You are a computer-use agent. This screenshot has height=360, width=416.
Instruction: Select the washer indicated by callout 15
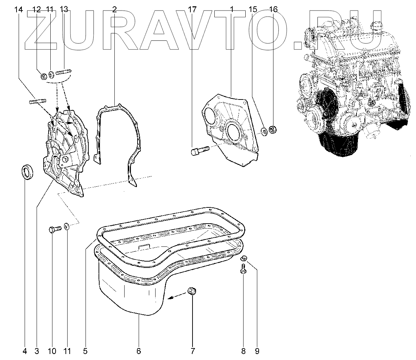point(263,132)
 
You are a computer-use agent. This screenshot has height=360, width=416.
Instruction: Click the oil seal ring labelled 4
point(27,172)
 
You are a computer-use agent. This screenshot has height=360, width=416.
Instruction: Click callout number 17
point(192,10)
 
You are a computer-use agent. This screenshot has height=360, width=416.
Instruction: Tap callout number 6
point(138,351)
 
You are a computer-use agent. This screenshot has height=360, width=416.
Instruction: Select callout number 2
point(114,10)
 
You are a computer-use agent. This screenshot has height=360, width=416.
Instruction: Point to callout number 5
point(85,351)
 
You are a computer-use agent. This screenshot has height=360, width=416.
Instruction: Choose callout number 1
point(232,10)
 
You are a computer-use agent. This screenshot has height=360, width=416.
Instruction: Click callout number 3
point(36,351)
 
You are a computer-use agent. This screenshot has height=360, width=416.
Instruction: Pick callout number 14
point(19,10)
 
